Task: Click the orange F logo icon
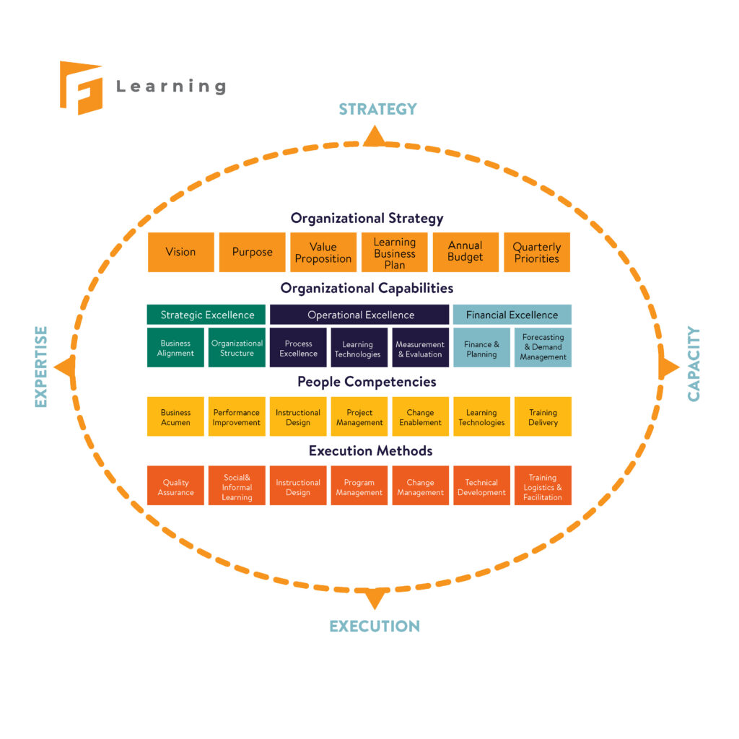pos(81,87)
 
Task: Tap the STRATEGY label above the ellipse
pos(377,109)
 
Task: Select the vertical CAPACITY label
pos(694,364)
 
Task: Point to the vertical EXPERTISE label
pos(41,367)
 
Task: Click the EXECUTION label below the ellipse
pos(375,626)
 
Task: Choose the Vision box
pos(180,252)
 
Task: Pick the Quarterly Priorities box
pos(536,252)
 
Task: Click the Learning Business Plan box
pos(394,252)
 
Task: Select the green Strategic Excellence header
pos(207,315)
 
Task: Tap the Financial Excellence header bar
pos(512,315)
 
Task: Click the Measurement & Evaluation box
pos(420,349)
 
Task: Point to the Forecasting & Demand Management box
pos(543,347)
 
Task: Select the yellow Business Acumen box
pos(175,417)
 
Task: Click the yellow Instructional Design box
pos(298,417)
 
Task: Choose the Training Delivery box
pos(543,417)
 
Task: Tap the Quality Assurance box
pos(175,487)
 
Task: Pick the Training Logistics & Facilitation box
pos(543,487)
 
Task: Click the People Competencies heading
pos(367,382)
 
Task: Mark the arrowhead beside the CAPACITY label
pos(668,368)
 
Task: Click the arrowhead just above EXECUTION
pos(375,597)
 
